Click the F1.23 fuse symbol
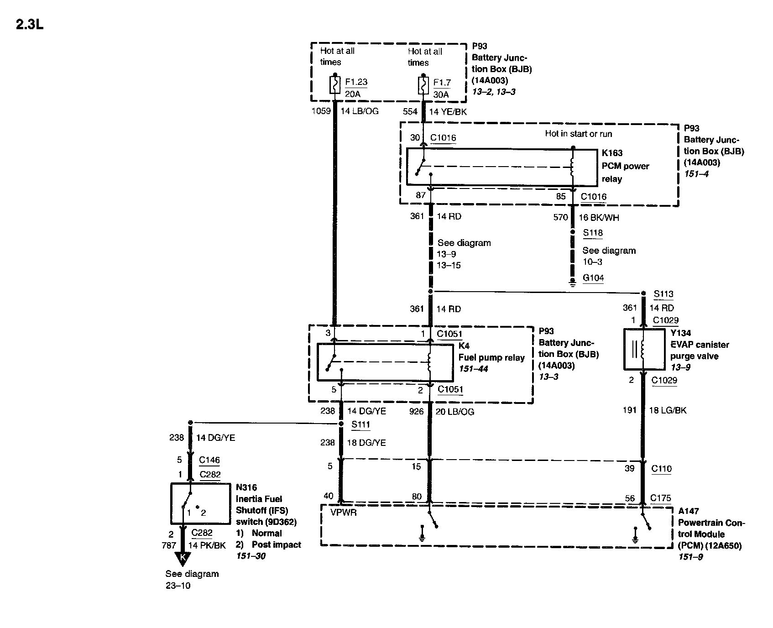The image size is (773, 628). (335, 85)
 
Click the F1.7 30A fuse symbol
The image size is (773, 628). (423, 85)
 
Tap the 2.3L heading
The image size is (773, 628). (30, 25)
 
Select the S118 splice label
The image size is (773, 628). (593, 233)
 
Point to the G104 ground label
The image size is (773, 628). (593, 278)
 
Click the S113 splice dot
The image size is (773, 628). (643, 293)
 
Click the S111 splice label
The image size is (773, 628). (360, 424)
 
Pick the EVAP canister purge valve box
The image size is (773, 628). (644, 349)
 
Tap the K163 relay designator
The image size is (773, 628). (612, 153)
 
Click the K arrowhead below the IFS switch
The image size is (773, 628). (183, 558)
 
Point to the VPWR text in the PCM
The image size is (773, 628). (344, 513)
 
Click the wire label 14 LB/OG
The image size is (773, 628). (360, 111)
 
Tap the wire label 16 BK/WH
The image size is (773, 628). (599, 218)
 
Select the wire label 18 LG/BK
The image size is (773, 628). (668, 410)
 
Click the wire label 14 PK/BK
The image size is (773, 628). (207, 545)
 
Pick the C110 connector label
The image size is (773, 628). (661, 468)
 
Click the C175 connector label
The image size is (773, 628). (660, 498)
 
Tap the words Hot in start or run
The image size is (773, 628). (578, 134)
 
